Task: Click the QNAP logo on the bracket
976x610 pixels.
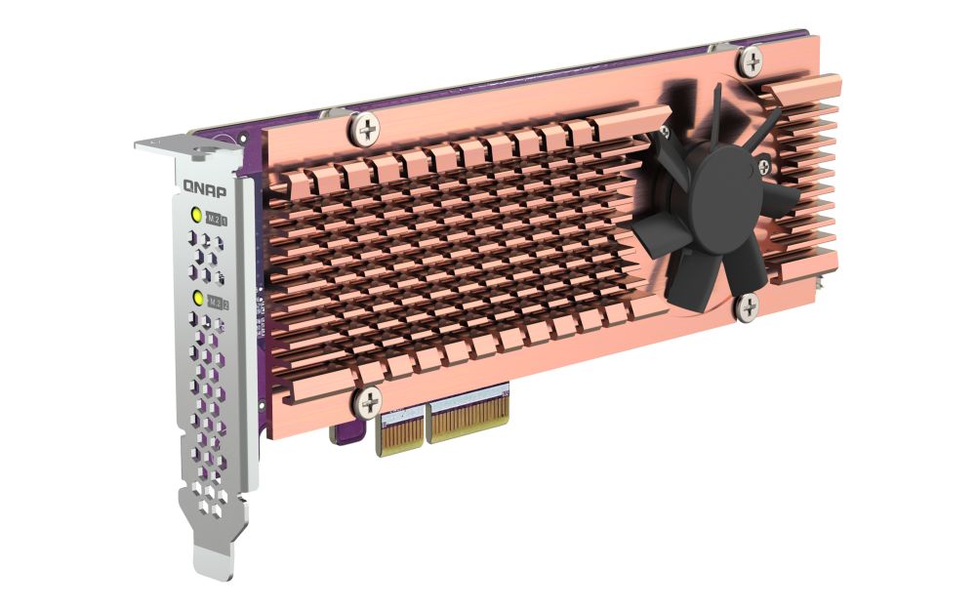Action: [x=203, y=185]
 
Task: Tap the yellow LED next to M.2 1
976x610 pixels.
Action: [x=196, y=217]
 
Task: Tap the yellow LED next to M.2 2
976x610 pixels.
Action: [x=198, y=298]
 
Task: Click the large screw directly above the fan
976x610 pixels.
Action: [x=750, y=62]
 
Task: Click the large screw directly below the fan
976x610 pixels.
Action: [x=749, y=307]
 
